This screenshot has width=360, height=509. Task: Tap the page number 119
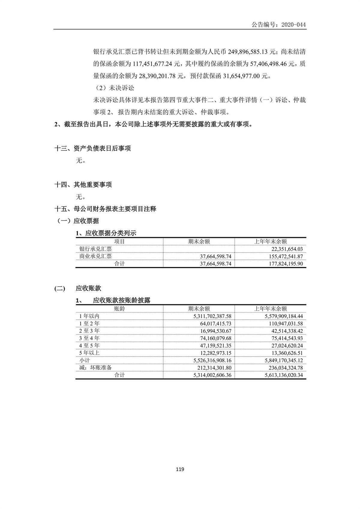point(180,469)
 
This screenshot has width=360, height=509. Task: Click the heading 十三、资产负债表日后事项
point(92,148)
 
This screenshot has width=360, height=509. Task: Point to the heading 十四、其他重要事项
point(83,185)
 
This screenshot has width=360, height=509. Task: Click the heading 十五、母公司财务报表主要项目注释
point(105,209)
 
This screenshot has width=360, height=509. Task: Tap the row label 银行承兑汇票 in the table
point(95,249)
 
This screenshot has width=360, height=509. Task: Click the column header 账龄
point(119,309)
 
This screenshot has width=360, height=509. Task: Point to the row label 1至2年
point(89,324)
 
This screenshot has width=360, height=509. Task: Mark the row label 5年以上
point(89,353)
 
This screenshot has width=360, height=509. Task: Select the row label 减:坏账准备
point(95,368)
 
